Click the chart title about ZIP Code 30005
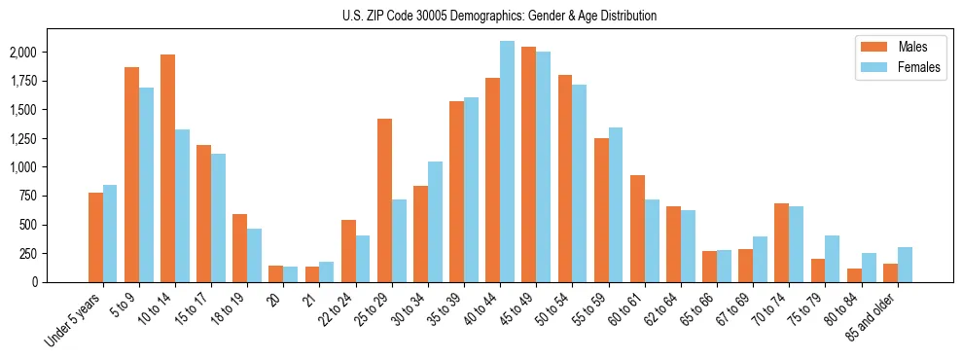pos(499,16)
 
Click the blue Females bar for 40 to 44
pos(508,162)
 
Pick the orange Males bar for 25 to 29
pos(385,200)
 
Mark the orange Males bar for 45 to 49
pos(529,164)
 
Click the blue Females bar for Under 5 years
pos(110,234)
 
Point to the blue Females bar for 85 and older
pos(906,265)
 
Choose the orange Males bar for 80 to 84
pos(855,275)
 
